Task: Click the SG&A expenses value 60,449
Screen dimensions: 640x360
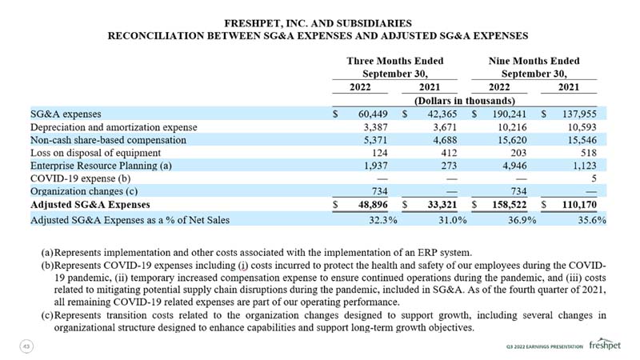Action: [x=373, y=114]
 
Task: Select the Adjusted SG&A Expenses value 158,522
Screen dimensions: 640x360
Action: [x=509, y=205]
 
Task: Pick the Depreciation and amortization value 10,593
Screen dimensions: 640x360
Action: [x=582, y=127]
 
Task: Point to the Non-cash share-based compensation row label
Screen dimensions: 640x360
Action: [x=108, y=140]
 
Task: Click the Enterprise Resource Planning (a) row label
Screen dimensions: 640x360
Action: [x=101, y=166]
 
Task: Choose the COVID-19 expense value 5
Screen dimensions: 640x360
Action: [x=594, y=178]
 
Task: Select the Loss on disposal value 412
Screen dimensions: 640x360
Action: [x=449, y=153]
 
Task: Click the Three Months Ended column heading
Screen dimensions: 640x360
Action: [x=394, y=61]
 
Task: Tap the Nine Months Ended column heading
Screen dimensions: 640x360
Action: [x=534, y=61]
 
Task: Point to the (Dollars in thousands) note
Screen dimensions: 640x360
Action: [x=465, y=101]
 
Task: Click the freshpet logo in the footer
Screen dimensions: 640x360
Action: [x=605, y=344]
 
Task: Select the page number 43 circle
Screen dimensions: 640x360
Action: [x=26, y=346]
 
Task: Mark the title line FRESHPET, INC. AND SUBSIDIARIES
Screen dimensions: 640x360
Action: [x=318, y=23]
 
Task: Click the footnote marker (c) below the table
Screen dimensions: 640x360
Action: [x=47, y=315]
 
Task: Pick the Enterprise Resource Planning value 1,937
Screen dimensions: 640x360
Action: [x=375, y=166]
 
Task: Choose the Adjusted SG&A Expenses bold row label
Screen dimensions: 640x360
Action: [x=90, y=205]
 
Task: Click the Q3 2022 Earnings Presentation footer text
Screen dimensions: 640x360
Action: [x=545, y=346]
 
